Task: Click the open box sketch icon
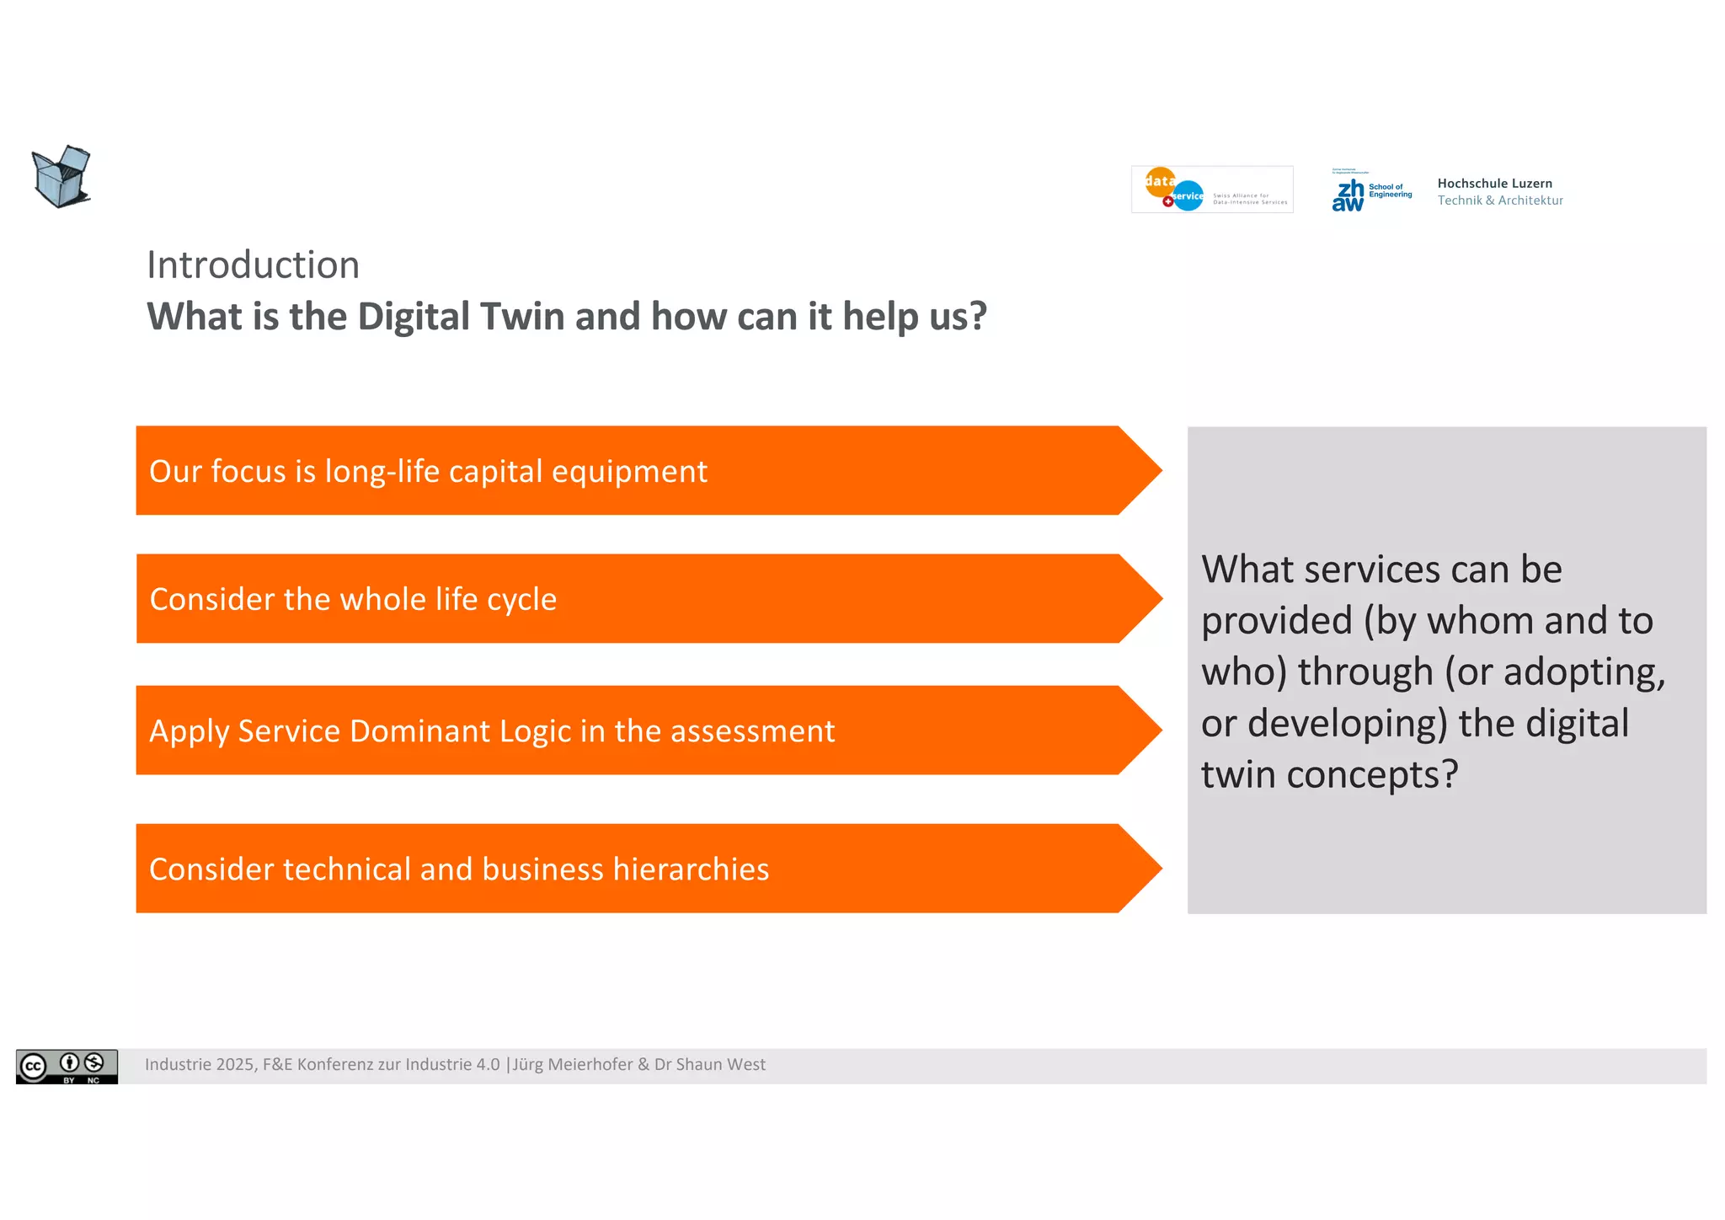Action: pos(61,175)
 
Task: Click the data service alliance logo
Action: pos(1211,190)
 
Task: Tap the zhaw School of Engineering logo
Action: pos(1371,191)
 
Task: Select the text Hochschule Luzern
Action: pos(1494,183)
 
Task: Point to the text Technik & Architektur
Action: pos(1499,201)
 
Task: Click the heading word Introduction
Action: pos(253,265)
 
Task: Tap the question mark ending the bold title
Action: pos(978,317)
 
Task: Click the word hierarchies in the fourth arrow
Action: pos(691,870)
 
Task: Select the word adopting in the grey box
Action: pos(1583,672)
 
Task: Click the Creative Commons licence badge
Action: pos(67,1067)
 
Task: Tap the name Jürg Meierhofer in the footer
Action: pos(573,1064)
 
